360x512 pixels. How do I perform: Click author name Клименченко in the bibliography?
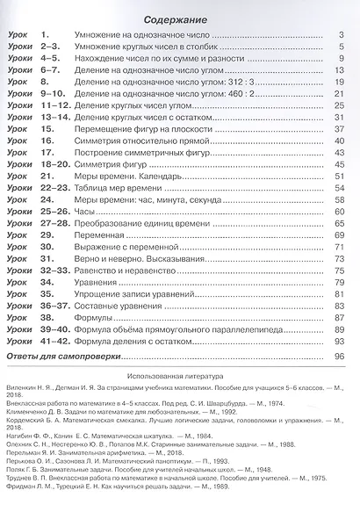(x=35, y=408)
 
